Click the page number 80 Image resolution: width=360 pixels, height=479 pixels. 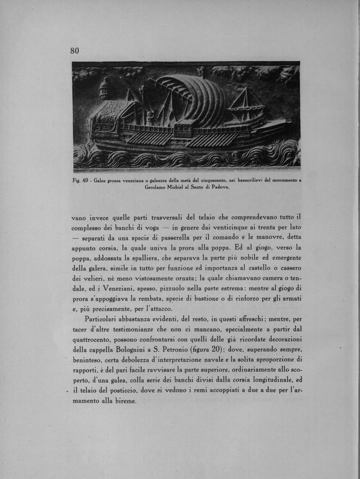pos(74,51)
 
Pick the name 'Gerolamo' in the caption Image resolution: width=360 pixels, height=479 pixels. pos(158,186)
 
